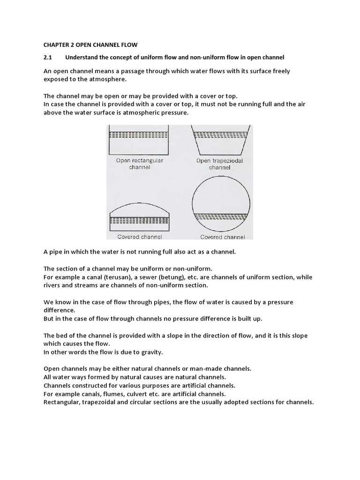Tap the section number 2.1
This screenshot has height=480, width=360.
(48, 57)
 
